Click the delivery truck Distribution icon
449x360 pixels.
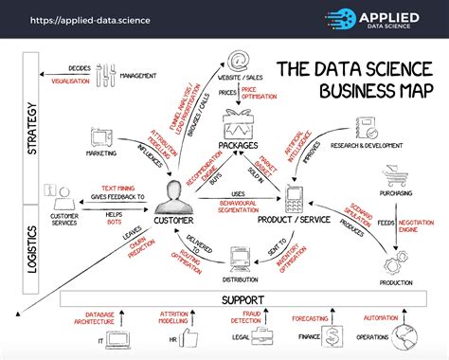coord(240,258)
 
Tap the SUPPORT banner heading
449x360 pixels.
coord(243,299)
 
